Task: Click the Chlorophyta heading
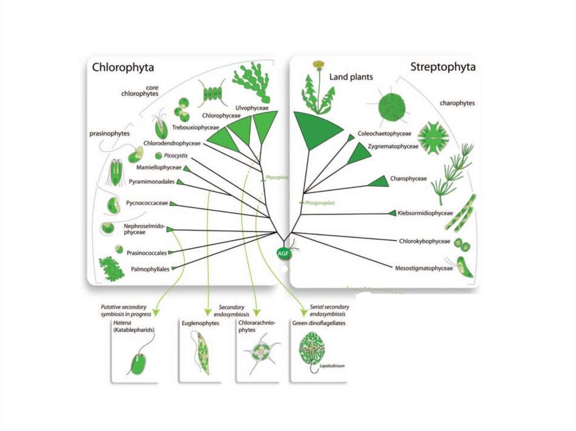(123, 68)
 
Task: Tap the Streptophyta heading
(443, 67)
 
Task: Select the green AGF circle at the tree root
(283, 253)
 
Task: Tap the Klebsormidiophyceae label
(425, 214)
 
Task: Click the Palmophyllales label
(150, 269)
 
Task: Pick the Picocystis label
(177, 155)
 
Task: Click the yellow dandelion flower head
(319, 64)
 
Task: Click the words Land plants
(351, 77)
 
